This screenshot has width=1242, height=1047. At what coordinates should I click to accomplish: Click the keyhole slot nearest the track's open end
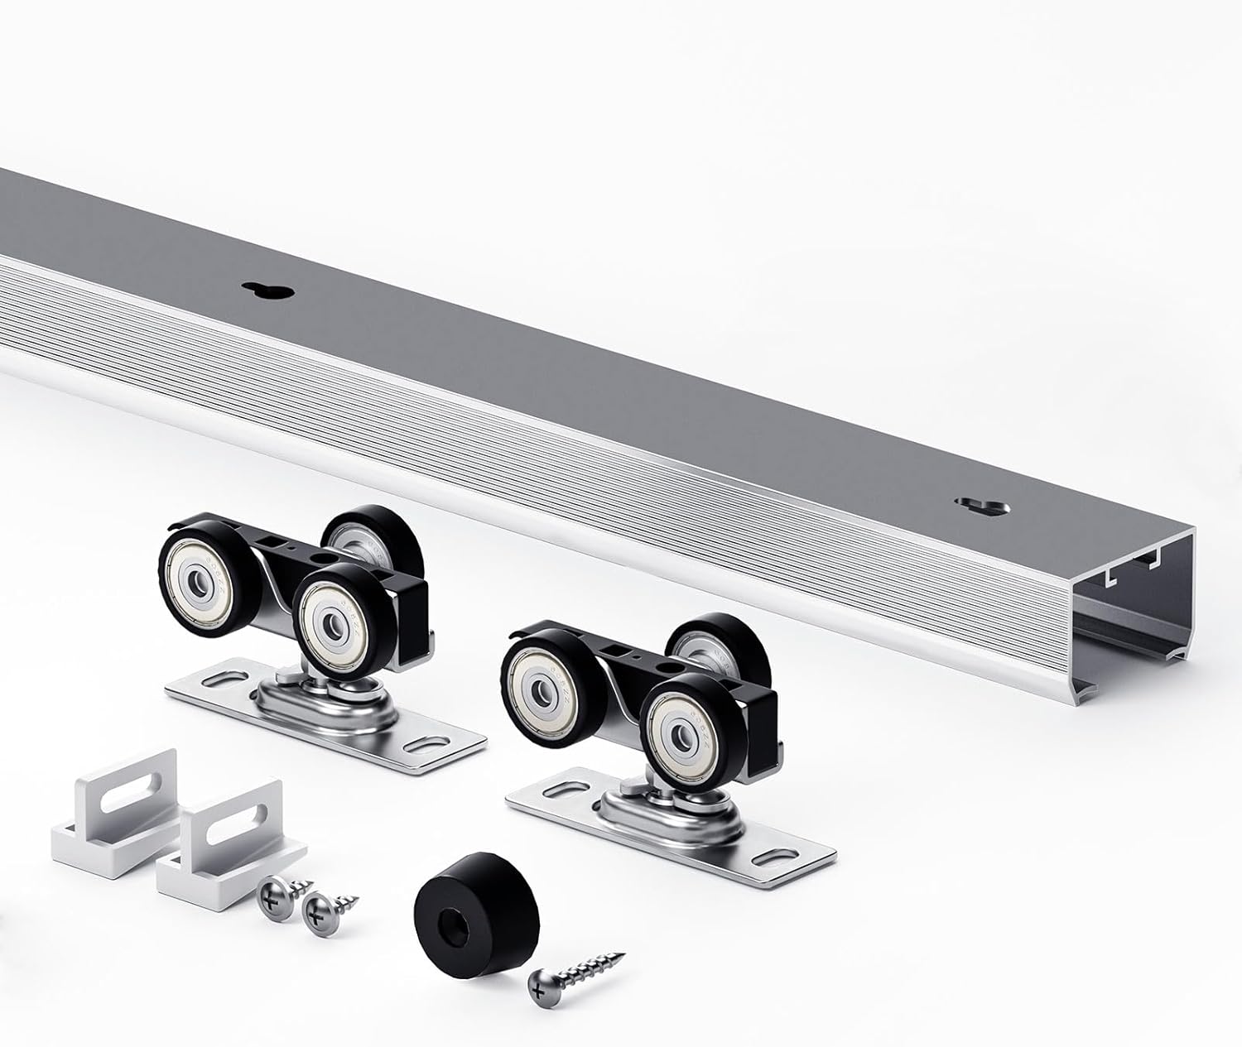point(980,505)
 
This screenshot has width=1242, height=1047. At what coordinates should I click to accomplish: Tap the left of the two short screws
point(277,894)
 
